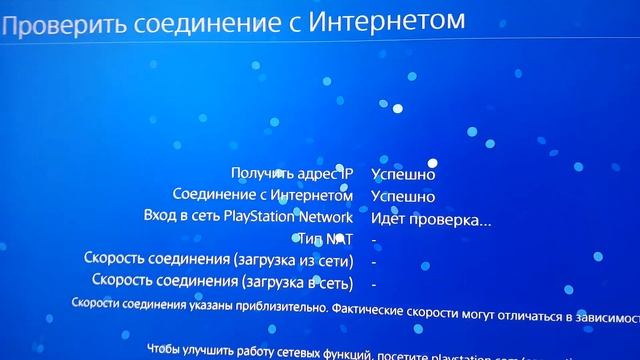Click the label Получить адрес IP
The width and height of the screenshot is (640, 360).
tap(292, 174)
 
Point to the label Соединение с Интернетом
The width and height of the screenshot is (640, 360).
tap(263, 195)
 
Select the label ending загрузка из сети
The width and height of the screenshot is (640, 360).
tap(220, 260)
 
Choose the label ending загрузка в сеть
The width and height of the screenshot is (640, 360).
tap(223, 282)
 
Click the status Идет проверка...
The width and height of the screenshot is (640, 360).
tap(430, 218)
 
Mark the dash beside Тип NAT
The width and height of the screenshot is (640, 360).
tap(373, 240)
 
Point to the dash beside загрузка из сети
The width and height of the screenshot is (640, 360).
tap(373, 262)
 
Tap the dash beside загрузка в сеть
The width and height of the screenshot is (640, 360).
tap(373, 284)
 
